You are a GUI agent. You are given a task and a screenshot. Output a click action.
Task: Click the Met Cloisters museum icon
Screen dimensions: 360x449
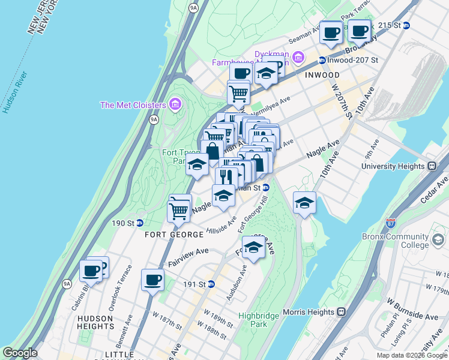(175, 105)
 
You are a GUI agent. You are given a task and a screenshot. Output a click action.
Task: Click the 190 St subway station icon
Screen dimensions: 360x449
(139, 223)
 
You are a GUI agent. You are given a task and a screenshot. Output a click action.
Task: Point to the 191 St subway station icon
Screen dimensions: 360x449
(211, 284)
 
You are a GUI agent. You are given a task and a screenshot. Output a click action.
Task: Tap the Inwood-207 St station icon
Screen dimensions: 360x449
(322, 60)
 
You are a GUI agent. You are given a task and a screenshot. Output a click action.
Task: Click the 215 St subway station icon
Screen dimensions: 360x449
(406, 25)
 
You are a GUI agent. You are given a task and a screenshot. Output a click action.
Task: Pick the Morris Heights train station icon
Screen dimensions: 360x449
(341, 312)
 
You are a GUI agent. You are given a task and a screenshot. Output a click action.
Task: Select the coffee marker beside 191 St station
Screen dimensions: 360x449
(152, 279)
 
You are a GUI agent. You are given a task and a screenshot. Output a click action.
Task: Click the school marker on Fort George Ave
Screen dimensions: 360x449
(253, 247)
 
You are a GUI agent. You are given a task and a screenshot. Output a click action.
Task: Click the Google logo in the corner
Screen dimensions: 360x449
(20, 353)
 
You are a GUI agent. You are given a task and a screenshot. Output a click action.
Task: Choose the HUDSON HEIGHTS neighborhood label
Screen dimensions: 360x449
(95, 322)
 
